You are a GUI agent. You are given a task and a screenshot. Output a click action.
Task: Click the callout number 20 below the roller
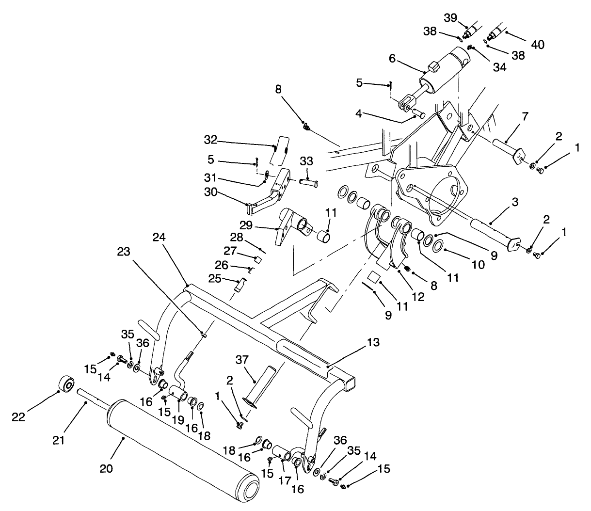pyautogui.click(x=106, y=469)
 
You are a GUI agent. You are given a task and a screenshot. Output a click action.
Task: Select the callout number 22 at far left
pyautogui.click(x=18, y=416)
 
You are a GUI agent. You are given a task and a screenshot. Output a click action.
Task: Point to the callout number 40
pyautogui.click(x=538, y=45)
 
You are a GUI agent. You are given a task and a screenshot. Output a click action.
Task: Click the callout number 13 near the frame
pyautogui.click(x=373, y=343)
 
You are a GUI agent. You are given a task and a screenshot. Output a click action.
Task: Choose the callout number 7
pyautogui.click(x=525, y=116)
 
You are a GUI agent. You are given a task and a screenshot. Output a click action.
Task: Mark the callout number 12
pyautogui.click(x=417, y=297)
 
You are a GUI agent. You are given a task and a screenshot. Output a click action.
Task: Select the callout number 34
pyautogui.click(x=500, y=67)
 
